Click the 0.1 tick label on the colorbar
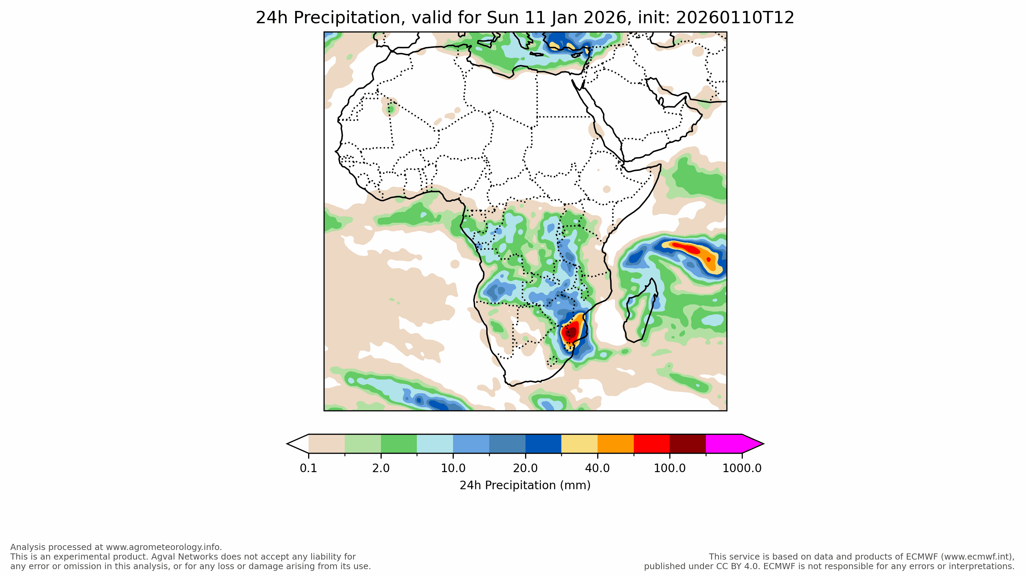309,468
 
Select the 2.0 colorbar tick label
381,468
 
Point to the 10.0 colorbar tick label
453,468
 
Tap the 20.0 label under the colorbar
525,468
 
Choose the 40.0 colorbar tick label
597,468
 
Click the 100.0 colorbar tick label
670,468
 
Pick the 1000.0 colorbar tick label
742,468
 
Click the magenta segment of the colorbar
723,444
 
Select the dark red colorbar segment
687,444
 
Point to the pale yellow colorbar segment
579,444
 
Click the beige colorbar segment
327,444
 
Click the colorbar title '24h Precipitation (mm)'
525,485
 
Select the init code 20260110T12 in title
735,18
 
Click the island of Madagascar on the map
640,312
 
